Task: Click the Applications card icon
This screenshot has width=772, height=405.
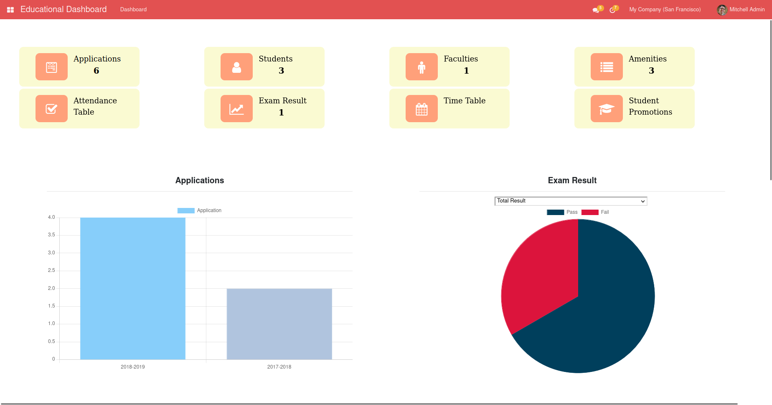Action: tap(51, 67)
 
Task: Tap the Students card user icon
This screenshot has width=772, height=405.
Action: tap(236, 67)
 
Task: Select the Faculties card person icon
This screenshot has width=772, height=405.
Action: tap(422, 67)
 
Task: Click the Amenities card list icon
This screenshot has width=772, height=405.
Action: tap(607, 67)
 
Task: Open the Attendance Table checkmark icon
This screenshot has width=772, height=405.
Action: tap(51, 109)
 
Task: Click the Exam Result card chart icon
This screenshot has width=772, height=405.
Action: tap(236, 109)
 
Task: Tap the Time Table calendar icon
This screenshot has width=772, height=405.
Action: tap(422, 109)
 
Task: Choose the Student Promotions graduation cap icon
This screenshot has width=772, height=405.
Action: tap(607, 109)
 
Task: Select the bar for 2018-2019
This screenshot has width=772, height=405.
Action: tap(133, 289)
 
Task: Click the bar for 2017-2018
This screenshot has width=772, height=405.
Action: tap(279, 324)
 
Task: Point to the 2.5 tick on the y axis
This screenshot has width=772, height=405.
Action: tap(51, 270)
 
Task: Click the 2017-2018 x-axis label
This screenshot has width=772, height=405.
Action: tap(279, 367)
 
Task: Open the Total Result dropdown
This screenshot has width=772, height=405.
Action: tap(571, 201)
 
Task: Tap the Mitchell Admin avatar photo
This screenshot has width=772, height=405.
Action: tap(722, 10)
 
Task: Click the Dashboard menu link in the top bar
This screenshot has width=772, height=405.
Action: tap(133, 10)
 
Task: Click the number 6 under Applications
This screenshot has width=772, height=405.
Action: tap(96, 71)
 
